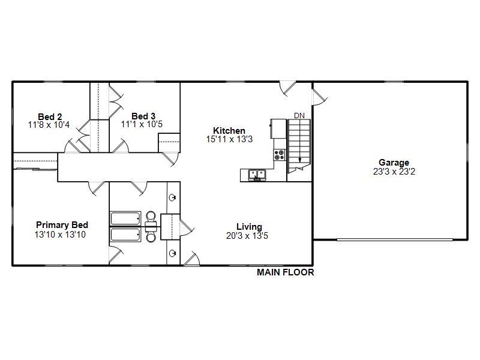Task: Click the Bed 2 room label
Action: (50, 116)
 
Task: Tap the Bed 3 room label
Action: (143, 116)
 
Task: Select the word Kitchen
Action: (229, 131)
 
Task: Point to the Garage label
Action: (394, 163)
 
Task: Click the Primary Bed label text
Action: (62, 226)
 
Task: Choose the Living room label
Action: (249, 227)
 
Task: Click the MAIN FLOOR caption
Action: (286, 272)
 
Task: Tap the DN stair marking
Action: (299, 115)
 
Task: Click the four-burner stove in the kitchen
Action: (280, 155)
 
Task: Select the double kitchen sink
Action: (257, 175)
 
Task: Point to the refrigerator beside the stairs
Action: (278, 128)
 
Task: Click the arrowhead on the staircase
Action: (299, 160)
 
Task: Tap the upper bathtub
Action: (125, 217)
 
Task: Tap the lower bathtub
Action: (125, 234)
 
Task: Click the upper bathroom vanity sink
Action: (173, 197)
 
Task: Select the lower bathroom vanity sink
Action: (173, 253)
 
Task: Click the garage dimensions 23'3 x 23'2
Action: (394, 172)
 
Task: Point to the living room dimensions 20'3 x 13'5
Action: (248, 236)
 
